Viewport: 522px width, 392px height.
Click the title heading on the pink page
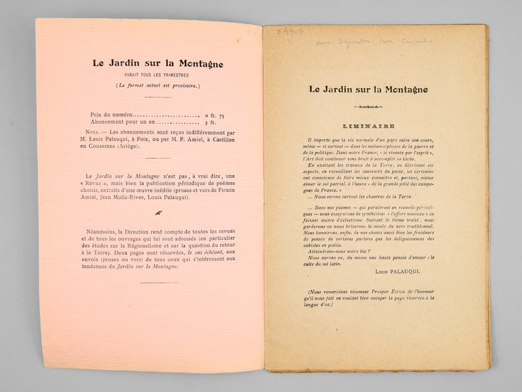tap(157, 64)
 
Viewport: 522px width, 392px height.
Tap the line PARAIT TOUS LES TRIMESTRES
tap(157, 77)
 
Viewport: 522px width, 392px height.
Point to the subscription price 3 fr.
tap(211, 122)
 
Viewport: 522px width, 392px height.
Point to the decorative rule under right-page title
tap(369, 106)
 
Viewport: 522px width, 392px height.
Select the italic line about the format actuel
tap(157, 85)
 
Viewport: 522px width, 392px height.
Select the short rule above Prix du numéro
tap(157, 98)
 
